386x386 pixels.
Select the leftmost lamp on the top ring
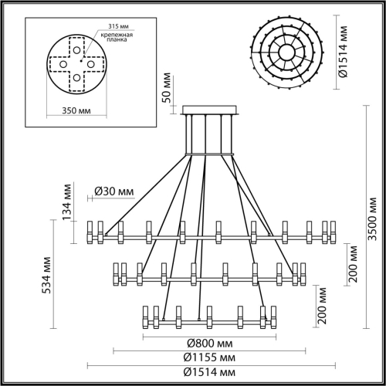click(x=90, y=230)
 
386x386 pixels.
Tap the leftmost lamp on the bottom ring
click(x=144, y=317)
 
